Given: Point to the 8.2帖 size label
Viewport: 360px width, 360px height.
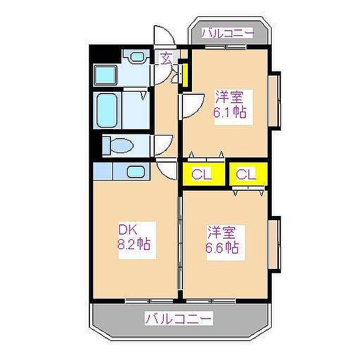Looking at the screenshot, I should (133, 244).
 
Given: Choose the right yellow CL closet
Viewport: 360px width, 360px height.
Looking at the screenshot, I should (246, 175).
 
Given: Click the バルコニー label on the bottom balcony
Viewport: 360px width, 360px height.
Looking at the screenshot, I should (179, 318).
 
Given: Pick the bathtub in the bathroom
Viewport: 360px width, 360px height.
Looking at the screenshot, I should (109, 109).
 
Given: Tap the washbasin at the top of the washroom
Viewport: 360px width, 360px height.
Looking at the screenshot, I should (138, 57).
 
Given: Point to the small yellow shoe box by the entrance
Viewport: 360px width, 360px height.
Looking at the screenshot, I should (185, 74).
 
